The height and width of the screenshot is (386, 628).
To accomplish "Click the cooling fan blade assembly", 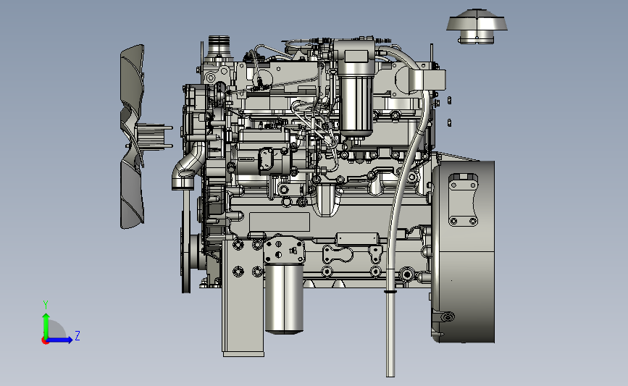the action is coord(132,136).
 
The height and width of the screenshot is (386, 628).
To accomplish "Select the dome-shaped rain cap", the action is coord(477,25).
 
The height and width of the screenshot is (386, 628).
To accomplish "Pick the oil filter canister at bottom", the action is coord(284,298).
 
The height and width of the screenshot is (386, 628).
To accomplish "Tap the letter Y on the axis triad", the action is coord(46,305).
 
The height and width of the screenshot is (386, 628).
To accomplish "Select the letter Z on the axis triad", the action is coord(78,335).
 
